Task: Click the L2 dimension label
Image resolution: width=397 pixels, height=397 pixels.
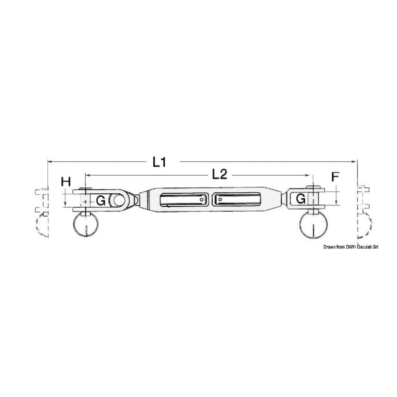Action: (219, 175)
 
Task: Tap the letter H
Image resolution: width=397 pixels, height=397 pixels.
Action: (66, 181)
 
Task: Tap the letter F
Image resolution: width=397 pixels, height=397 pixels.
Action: (335, 177)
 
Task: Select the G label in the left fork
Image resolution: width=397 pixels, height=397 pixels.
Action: (101, 200)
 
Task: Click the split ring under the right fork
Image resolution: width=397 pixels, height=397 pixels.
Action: (313, 224)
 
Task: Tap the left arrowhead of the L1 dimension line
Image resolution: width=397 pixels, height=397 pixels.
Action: (50, 161)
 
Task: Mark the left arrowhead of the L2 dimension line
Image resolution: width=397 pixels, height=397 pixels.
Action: (87, 176)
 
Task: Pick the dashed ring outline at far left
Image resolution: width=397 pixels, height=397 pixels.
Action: (41, 226)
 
